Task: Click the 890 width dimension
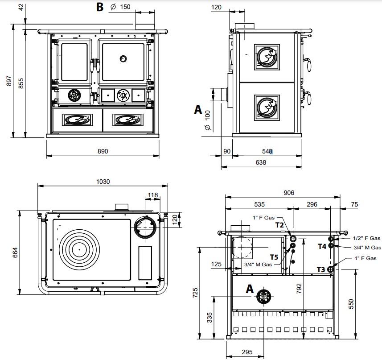[x=103, y=152]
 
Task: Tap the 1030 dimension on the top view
[x=103, y=182]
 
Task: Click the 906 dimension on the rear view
[x=289, y=193]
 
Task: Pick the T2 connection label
[x=279, y=225]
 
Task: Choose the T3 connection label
[x=321, y=269]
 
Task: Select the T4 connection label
[x=322, y=246]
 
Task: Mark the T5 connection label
[x=275, y=257]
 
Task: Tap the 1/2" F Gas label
[x=366, y=238]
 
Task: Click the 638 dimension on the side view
[x=261, y=163]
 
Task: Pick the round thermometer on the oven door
[x=123, y=58]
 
